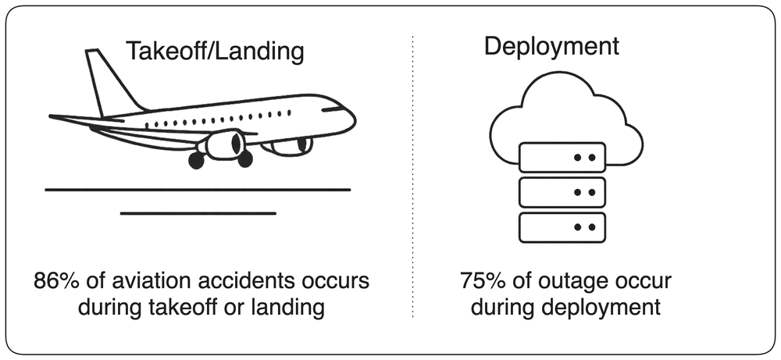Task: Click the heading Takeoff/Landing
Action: coord(216,51)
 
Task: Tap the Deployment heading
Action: coord(551,46)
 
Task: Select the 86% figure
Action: coord(53,281)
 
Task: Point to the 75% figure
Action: coord(480,281)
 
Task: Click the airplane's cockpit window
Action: coord(333,109)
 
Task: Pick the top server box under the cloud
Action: coord(562,157)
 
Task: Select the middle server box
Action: coord(562,192)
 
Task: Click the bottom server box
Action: coord(562,227)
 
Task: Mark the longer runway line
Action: coord(198,190)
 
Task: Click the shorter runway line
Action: coord(198,214)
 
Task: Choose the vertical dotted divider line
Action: coord(413,176)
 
